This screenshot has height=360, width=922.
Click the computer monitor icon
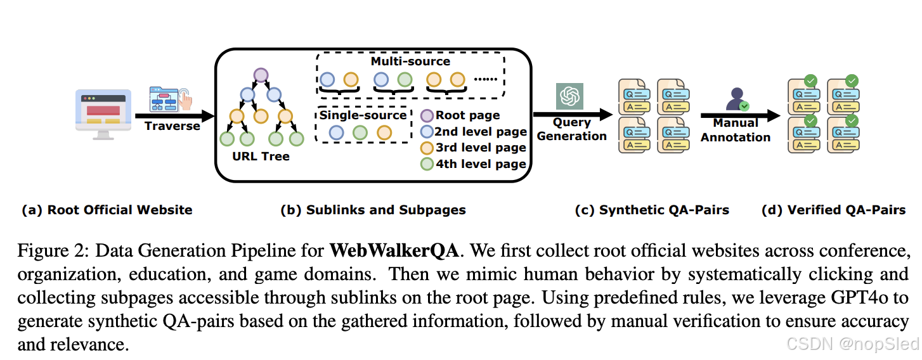click(x=103, y=113)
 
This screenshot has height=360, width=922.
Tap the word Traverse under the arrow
click(x=172, y=126)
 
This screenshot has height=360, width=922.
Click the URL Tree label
click(x=261, y=156)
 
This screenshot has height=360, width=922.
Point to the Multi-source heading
click(x=410, y=61)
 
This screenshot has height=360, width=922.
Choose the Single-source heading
click(x=363, y=115)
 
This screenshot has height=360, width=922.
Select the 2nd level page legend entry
click(x=480, y=132)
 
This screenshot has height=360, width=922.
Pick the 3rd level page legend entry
click(x=480, y=148)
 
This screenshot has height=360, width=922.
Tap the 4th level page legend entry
click(x=480, y=164)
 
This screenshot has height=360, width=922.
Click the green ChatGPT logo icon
click(x=569, y=96)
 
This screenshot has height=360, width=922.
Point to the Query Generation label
click(x=571, y=129)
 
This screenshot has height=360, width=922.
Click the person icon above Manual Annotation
click(x=737, y=100)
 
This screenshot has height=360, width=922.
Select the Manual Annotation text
click(x=736, y=130)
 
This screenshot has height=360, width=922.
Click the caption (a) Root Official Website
click(x=107, y=210)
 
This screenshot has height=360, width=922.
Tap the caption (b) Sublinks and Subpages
click(x=373, y=210)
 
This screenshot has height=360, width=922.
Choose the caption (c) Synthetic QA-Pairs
click(x=651, y=210)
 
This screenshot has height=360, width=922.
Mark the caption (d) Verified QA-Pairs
click(x=833, y=210)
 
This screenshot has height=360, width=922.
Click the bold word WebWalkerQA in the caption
click(x=394, y=250)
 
